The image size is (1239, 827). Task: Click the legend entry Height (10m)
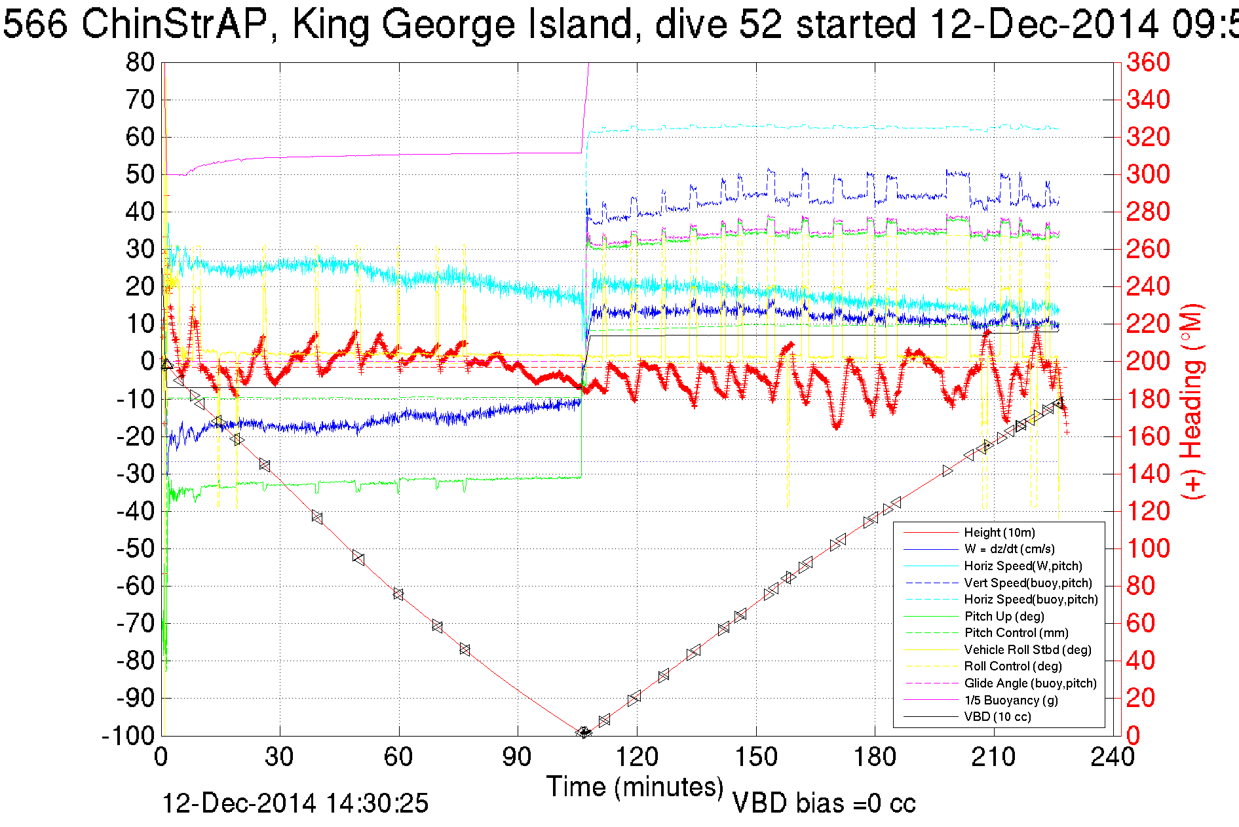point(999,533)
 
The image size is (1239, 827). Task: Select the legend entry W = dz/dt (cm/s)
point(1009,549)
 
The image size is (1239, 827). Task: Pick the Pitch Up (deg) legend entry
point(1004,617)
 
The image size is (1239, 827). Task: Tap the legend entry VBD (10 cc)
point(997,717)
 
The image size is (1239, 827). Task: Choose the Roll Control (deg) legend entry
point(1012,666)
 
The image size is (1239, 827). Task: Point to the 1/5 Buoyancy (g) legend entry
point(1011,701)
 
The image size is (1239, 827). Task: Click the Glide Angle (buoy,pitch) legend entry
point(1030,683)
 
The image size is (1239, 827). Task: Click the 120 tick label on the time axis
point(636,758)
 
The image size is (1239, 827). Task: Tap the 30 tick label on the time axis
point(280,758)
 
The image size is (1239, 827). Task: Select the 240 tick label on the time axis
point(1112,758)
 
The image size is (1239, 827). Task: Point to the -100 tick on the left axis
point(128,736)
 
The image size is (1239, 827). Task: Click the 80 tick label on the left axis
point(140,63)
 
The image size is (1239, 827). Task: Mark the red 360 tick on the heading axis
point(1148,63)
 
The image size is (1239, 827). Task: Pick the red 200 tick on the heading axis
point(1148,361)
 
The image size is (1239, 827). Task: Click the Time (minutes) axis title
point(635,787)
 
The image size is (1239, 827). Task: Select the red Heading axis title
point(1192,401)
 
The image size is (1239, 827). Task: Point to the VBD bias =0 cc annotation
point(824,803)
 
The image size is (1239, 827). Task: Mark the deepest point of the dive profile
point(583,733)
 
